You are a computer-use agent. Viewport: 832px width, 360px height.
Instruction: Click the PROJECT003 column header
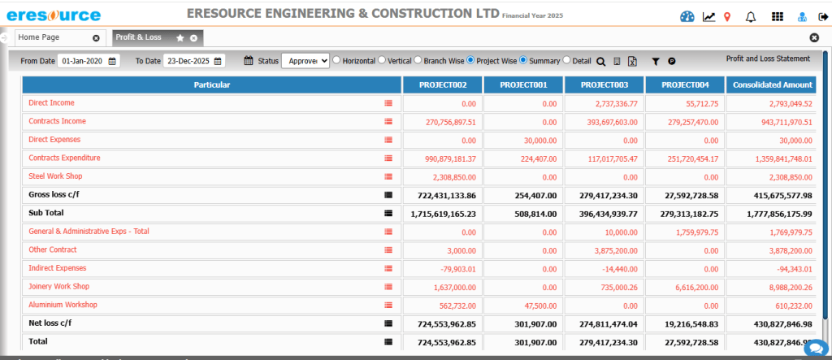click(x=604, y=85)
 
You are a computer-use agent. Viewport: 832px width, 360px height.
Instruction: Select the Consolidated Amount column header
click(x=773, y=85)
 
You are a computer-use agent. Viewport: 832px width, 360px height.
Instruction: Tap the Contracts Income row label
click(x=57, y=122)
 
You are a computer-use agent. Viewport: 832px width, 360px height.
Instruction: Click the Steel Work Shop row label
click(x=55, y=176)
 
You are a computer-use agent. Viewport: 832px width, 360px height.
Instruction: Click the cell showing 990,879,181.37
click(x=444, y=158)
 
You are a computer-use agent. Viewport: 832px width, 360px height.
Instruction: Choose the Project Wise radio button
click(x=471, y=60)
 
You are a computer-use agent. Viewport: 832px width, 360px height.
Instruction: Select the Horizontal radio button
click(x=336, y=60)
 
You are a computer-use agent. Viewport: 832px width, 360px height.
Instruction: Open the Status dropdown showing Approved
click(x=305, y=61)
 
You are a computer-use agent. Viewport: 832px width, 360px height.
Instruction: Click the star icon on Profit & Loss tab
click(x=180, y=38)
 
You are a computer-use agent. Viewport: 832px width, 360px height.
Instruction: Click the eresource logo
click(x=54, y=15)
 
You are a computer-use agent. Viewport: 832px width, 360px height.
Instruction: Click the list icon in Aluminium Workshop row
click(x=388, y=305)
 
